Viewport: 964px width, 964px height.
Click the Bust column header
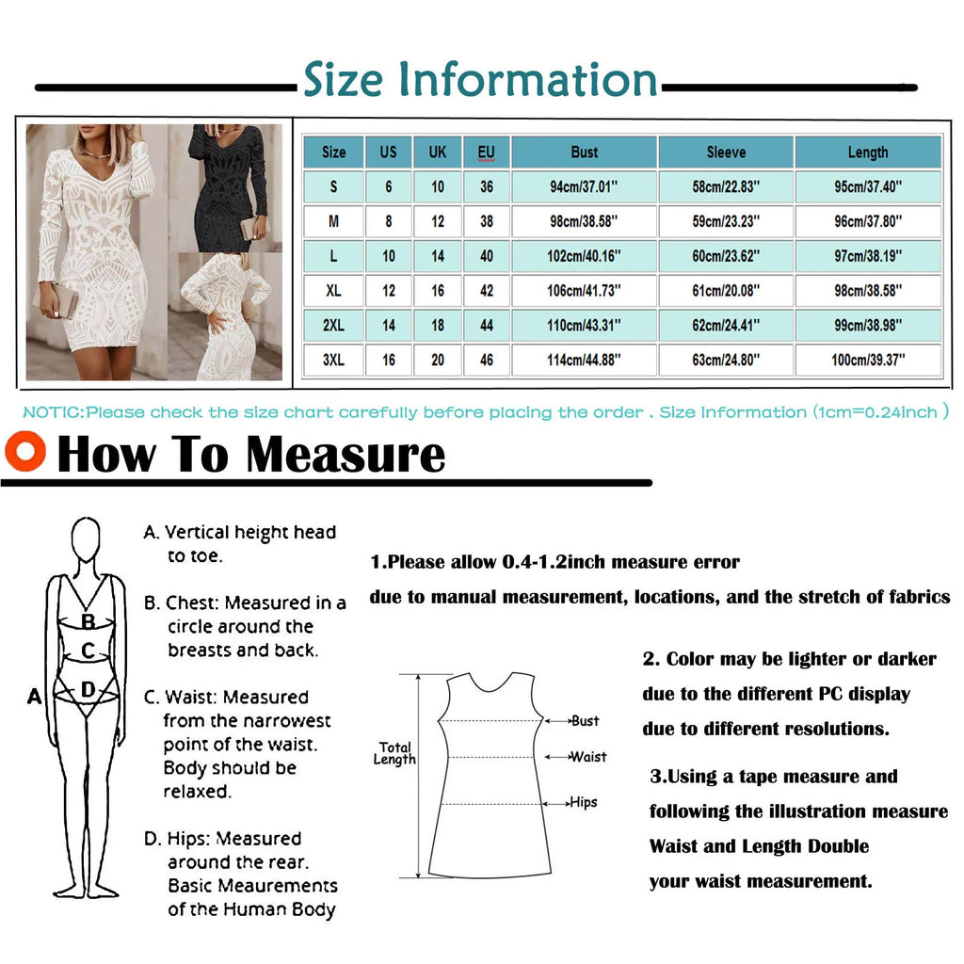pyautogui.click(x=584, y=153)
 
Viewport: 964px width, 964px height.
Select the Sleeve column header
pyautogui.click(x=726, y=153)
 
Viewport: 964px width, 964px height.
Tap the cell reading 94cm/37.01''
pyautogui.click(x=584, y=187)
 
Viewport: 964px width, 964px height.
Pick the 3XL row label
pyautogui.click(x=333, y=360)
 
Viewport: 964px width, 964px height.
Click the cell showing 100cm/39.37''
pyautogui.click(x=867, y=360)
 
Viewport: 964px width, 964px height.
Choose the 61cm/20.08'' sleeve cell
pyautogui.click(x=726, y=291)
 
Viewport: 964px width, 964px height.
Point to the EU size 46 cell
pyautogui.click(x=486, y=360)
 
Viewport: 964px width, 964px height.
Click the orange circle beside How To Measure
pyautogui.click(x=25, y=451)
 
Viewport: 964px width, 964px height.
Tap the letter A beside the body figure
pyautogui.click(x=35, y=697)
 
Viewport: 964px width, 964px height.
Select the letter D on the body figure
pyautogui.click(x=88, y=690)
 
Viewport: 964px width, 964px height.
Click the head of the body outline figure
pyautogui.click(x=86, y=540)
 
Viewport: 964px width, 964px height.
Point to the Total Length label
pyautogui.click(x=395, y=753)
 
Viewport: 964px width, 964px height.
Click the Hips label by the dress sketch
pyautogui.click(x=584, y=802)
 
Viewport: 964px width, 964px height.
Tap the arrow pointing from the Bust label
pyautogui.click(x=558, y=721)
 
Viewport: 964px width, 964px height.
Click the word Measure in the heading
pyautogui.click(x=345, y=455)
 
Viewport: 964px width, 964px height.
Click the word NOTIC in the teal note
pyautogui.click(x=52, y=412)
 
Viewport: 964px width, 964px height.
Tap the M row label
pyautogui.click(x=333, y=222)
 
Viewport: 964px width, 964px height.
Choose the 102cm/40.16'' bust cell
pyautogui.click(x=584, y=256)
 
